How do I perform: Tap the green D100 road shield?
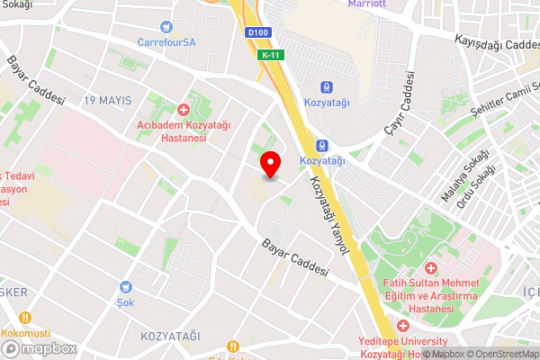pyautogui.click(x=257, y=33)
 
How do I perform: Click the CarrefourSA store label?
pyautogui.click(x=166, y=42)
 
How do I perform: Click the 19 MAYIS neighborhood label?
pyautogui.click(x=109, y=100)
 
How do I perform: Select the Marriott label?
pyautogui.click(x=367, y=4)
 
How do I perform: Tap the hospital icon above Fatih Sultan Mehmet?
pyautogui.click(x=430, y=268)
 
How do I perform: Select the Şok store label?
pyautogui.click(x=125, y=302)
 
